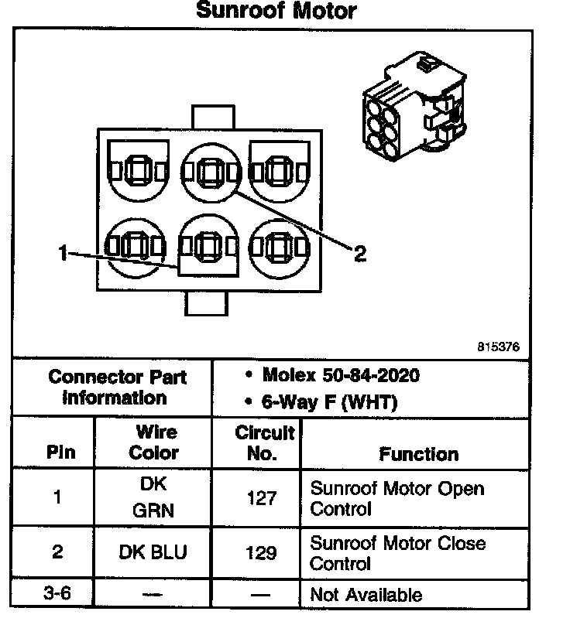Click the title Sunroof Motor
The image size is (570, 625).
(276, 11)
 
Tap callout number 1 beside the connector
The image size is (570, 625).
(63, 252)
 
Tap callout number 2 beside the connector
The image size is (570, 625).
(359, 254)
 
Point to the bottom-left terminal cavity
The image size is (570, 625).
(136, 246)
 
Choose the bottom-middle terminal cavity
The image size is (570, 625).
(207, 246)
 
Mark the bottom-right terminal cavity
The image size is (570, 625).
(279, 246)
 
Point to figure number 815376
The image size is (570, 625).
(497, 347)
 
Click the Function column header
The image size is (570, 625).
(418, 454)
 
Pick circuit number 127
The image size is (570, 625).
(261, 499)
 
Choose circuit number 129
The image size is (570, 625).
(261, 553)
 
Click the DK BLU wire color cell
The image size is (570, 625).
(153, 553)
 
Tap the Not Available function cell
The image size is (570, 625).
(366, 595)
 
